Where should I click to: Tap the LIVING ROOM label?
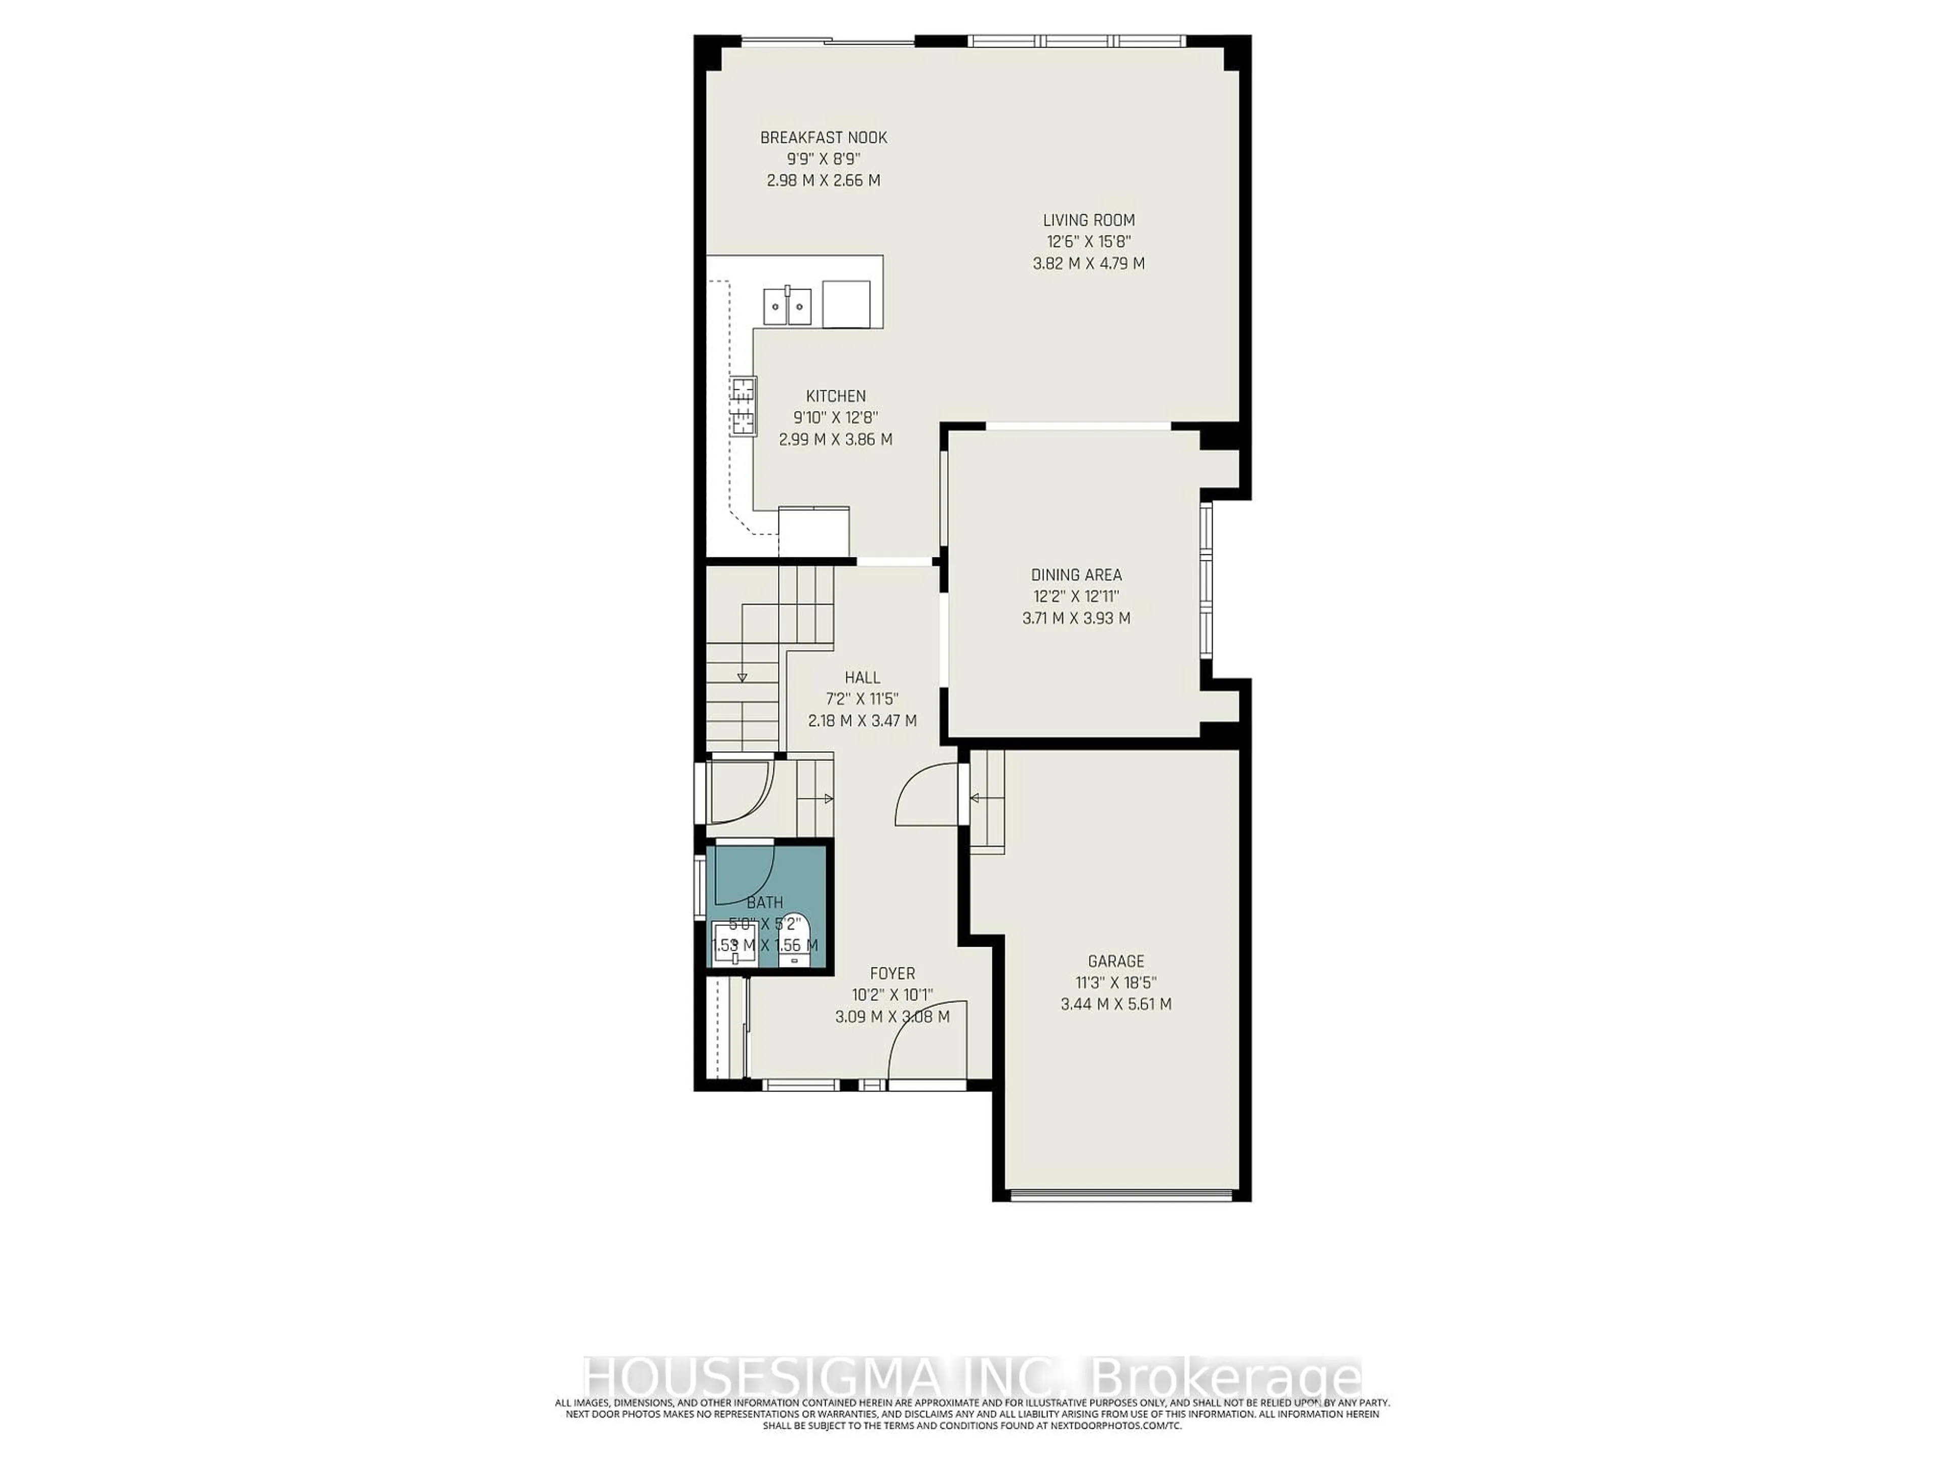1088,221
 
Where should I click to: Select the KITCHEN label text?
835,396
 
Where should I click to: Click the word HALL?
862,677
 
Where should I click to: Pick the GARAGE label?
1116,961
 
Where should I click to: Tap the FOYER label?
891,974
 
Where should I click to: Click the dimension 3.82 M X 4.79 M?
1088,264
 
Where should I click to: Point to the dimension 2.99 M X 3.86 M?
835,439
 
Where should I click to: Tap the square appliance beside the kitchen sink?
846,304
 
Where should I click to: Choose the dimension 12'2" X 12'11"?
1076,597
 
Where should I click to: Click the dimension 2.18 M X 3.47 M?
862,721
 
